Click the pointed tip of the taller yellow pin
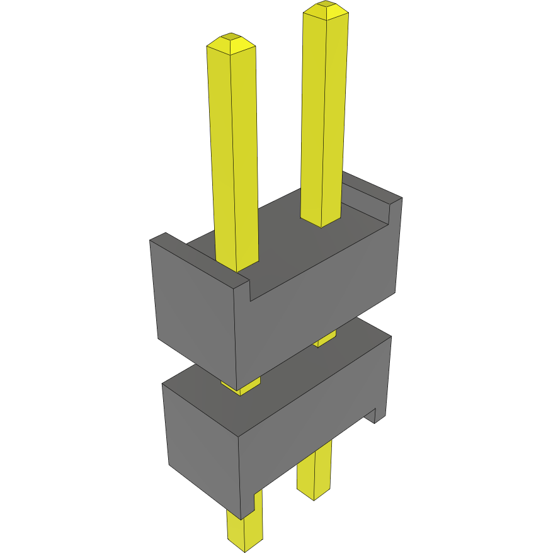[325, 8]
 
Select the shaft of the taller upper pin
[324, 113]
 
